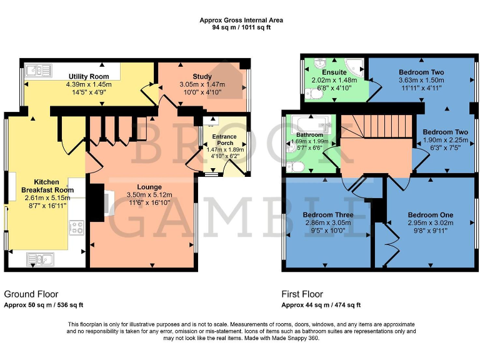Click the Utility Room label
coord(89,76)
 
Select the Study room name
coord(202,76)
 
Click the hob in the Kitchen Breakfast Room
coord(77,227)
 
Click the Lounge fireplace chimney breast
coord(96,203)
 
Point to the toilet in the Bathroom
coord(295,167)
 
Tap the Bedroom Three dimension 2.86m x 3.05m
coord(327,222)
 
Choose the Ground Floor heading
coord(29,294)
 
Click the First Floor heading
coord(303,294)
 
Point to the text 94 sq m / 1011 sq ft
coord(241,27)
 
